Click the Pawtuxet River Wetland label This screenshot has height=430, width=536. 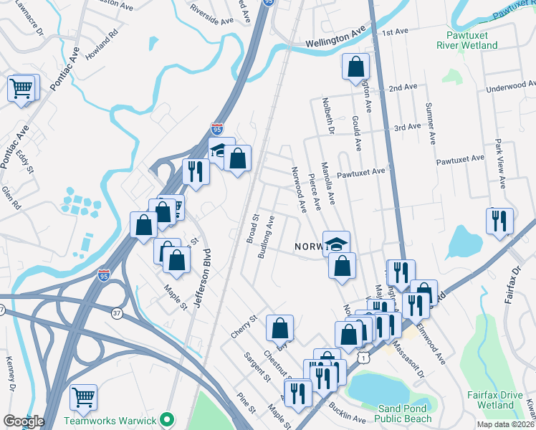click(x=466, y=39)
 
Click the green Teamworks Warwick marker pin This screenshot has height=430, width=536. click(x=168, y=419)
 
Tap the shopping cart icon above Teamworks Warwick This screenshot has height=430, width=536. click(x=84, y=396)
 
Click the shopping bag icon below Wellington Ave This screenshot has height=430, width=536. click(x=355, y=68)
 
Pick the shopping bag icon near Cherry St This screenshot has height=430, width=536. click(x=279, y=328)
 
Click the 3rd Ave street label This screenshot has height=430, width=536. click(x=407, y=127)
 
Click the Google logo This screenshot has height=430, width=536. click(x=24, y=421)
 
